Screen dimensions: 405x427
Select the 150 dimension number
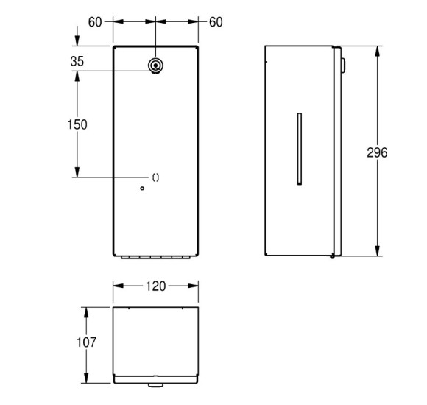(77, 124)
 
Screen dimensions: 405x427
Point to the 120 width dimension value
(155, 286)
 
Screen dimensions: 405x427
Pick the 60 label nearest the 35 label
(95, 22)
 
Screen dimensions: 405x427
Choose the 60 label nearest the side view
(215, 22)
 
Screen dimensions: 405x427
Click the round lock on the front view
(155, 66)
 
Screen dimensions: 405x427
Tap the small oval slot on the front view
(155, 177)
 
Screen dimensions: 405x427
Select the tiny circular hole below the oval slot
(142, 189)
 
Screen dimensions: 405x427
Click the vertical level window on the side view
(298, 148)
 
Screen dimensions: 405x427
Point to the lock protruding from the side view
(343, 66)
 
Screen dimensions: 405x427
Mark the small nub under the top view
(155, 386)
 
